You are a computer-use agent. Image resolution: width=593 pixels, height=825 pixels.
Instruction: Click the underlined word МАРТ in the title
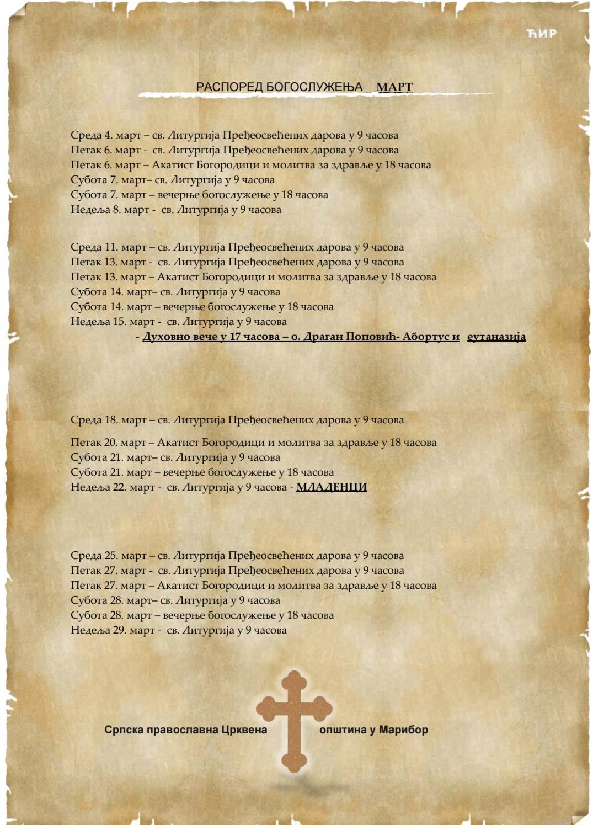394,87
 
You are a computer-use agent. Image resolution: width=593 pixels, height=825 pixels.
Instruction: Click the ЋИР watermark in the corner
541,33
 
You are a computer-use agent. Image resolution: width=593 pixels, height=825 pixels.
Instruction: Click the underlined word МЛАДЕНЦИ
332,487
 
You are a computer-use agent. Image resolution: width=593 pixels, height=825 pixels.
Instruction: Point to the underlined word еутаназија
496,337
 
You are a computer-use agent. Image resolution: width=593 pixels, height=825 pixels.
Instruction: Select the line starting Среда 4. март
234,135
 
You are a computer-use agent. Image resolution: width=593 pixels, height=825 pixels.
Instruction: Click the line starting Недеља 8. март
176,210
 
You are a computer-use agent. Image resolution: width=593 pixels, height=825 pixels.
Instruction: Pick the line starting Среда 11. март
237,247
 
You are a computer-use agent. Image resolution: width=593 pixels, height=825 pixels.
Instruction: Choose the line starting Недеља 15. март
179,322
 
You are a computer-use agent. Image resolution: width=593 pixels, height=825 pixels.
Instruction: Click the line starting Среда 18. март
237,420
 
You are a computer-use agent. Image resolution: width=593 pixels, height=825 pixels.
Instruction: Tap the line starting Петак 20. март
254,443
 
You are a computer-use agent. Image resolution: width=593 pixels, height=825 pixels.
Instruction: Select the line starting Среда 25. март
237,556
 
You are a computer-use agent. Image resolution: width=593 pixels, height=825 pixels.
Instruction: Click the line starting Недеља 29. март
179,630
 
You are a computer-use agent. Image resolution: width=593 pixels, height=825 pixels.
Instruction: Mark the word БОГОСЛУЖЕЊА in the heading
314,87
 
